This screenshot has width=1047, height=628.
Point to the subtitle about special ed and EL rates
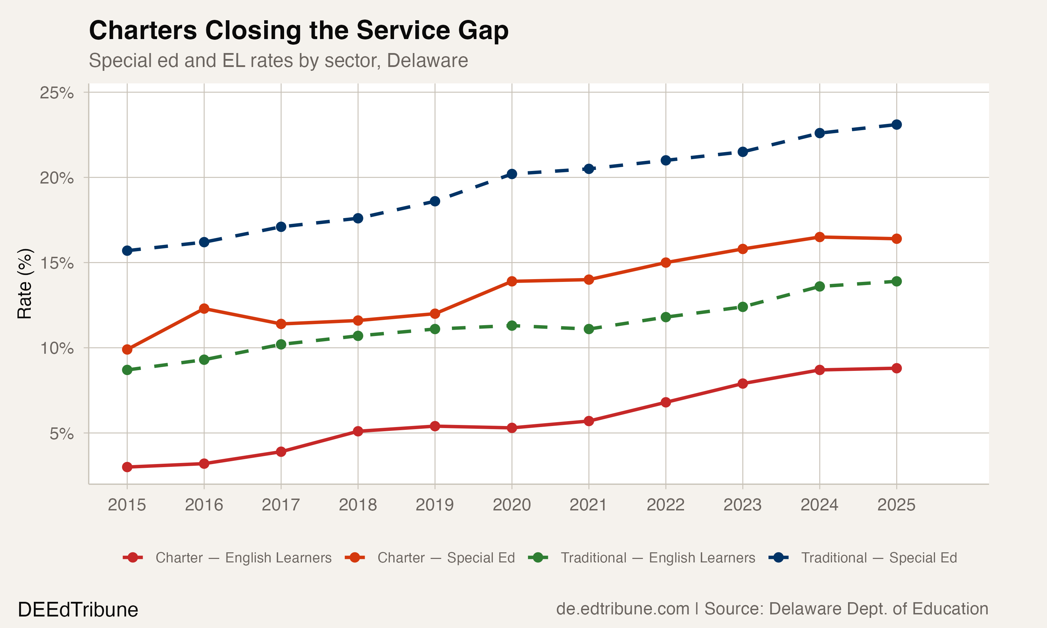tap(278, 60)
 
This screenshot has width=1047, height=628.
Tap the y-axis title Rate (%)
tap(24, 284)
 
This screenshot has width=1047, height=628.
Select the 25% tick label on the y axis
tap(57, 93)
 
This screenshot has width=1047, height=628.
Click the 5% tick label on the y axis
tap(61, 434)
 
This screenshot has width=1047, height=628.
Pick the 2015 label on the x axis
tap(127, 505)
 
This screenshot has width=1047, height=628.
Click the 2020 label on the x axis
tap(512, 505)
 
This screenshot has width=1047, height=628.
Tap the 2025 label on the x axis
tap(896, 505)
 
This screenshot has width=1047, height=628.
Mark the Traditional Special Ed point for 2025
tap(896, 125)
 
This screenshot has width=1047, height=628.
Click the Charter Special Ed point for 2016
tap(204, 308)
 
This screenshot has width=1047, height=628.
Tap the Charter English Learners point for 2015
tap(127, 467)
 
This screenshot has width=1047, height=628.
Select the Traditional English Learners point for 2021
tap(589, 329)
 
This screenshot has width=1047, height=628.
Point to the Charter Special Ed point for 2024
tap(820, 237)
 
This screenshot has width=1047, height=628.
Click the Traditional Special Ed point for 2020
tap(512, 174)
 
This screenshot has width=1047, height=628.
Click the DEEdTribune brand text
tap(78, 610)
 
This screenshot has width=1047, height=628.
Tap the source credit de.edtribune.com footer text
tap(772, 609)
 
